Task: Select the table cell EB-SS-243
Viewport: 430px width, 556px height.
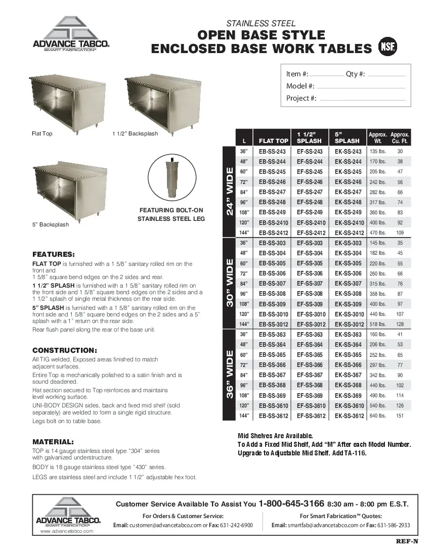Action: [x=272, y=152]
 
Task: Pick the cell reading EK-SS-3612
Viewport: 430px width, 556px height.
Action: [x=349, y=416]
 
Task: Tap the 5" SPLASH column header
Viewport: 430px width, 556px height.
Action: [x=347, y=137]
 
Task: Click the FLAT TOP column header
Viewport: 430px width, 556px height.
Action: [x=273, y=141]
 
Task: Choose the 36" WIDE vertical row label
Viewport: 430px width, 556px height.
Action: [x=230, y=375]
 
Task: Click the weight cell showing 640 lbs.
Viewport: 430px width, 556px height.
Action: [x=377, y=416]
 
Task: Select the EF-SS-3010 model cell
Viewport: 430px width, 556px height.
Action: [x=311, y=314]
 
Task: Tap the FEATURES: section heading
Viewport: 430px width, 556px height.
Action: [x=54, y=254]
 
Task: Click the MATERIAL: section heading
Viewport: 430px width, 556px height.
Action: [x=53, y=441]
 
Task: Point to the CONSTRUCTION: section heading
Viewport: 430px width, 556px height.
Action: [x=64, y=350]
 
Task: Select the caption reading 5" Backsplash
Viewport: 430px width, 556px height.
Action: [x=50, y=224]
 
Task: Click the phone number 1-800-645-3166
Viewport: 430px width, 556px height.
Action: [x=291, y=504]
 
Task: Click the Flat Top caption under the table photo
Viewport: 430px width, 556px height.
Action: [x=42, y=134]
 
